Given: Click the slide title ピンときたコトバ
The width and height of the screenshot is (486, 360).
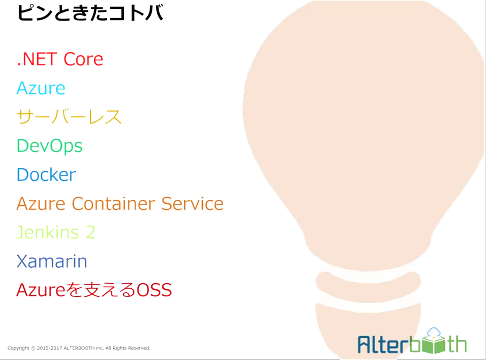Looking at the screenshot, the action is tap(90, 13).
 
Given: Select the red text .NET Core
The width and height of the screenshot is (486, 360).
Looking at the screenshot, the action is tap(60, 59).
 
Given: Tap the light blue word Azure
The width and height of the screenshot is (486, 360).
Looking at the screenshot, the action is tap(41, 88).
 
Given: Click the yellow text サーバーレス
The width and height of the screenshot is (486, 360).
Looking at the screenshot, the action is tap(69, 117).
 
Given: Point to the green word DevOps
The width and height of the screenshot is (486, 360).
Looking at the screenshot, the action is tap(50, 146).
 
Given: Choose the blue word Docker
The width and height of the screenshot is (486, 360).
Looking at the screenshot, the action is tap(46, 175).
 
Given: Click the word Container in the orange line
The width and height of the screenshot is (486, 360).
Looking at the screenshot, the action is tap(113, 204).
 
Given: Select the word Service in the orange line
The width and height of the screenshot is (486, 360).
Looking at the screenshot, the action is tap(192, 204).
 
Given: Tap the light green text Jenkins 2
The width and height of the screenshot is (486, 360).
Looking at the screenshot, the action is tap(56, 232).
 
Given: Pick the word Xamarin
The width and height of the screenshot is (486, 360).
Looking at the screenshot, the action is tap(52, 261).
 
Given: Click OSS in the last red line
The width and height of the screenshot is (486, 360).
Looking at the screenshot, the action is tap(154, 290).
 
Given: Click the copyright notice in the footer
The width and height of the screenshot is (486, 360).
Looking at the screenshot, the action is tap(79, 348).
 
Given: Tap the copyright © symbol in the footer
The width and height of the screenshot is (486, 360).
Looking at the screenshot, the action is tap(33, 348).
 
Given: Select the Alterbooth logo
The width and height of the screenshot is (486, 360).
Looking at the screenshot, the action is tap(412, 341).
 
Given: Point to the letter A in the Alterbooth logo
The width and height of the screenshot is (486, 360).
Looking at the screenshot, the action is tap(364, 345).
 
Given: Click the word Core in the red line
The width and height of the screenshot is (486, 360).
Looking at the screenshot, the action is tap(83, 59).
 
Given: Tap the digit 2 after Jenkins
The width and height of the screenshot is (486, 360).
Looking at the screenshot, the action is tap(91, 232).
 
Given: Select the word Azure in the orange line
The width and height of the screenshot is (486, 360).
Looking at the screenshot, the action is tap(41, 204).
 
